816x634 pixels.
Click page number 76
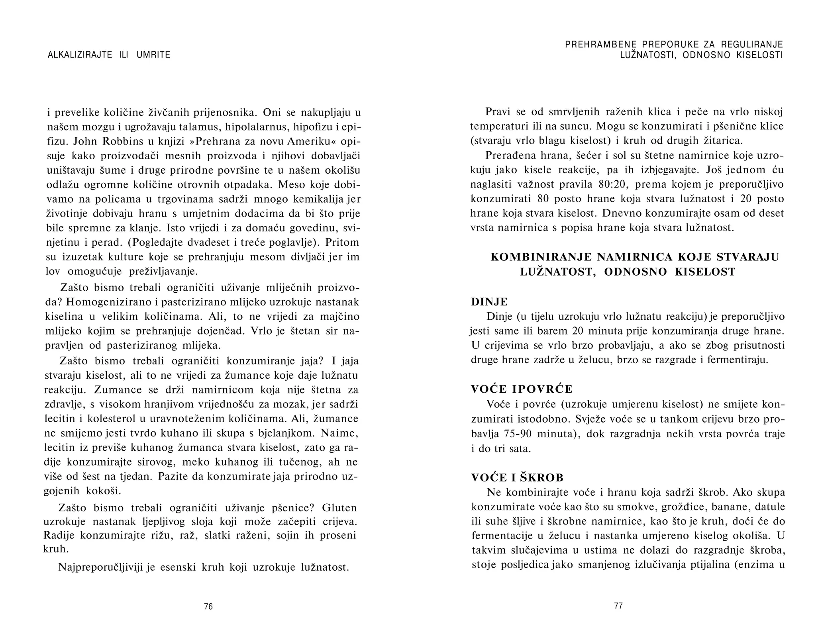click(208, 607)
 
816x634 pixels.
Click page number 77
click(618, 606)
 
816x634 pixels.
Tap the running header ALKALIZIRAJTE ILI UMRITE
click(109, 55)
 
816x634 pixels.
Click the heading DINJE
click(489, 301)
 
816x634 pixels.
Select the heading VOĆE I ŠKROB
click(517, 477)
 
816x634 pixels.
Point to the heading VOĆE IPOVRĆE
click(522, 389)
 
